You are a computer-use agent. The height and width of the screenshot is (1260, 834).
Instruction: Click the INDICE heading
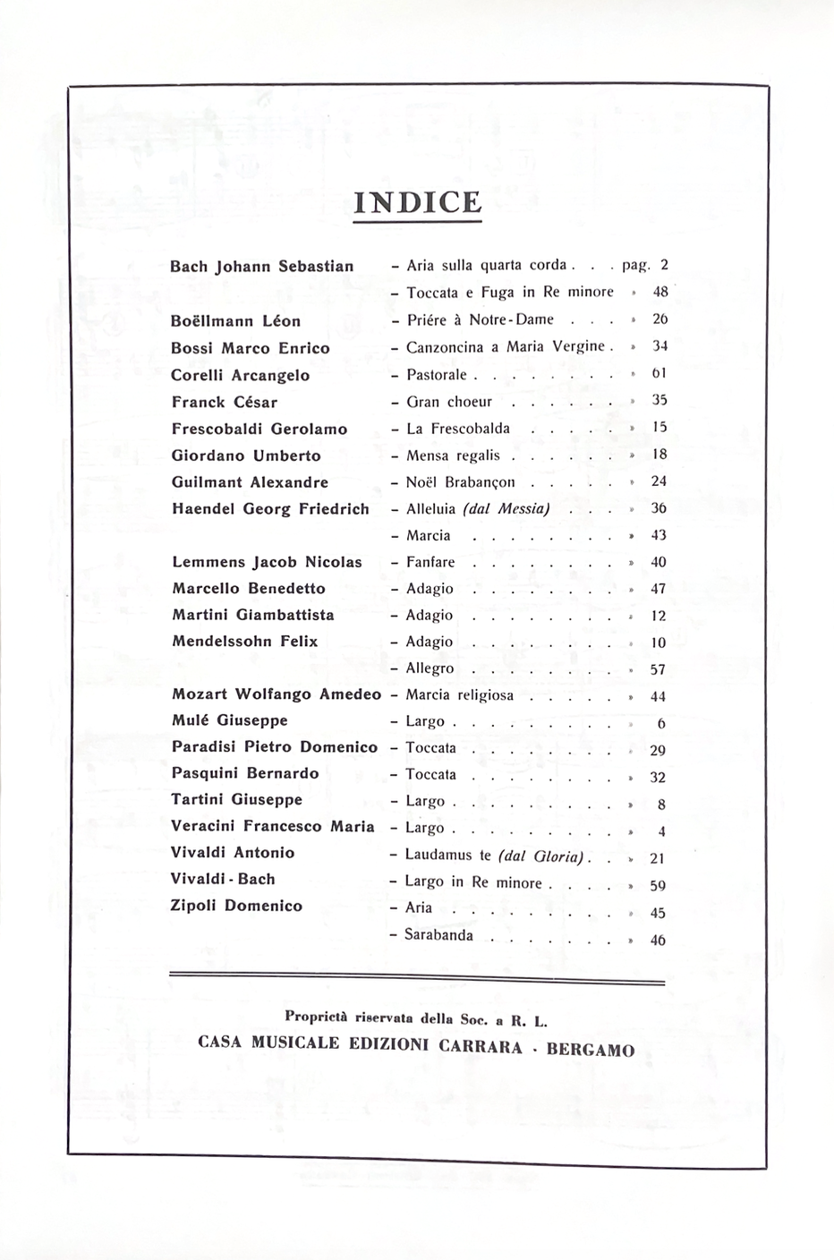[x=417, y=202]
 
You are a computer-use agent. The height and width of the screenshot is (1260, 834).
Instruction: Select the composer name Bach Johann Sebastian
[x=261, y=267]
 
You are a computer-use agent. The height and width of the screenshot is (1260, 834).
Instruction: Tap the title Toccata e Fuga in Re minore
[x=510, y=293]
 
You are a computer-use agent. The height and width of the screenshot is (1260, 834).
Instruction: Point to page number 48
[x=660, y=292]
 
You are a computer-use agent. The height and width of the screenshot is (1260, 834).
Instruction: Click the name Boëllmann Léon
[x=235, y=321]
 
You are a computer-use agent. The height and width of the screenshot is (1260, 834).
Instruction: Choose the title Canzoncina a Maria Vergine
[x=506, y=347]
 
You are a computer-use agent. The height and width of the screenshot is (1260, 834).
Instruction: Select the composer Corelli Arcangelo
[x=240, y=375]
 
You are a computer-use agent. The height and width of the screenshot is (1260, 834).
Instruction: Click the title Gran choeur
[x=449, y=402]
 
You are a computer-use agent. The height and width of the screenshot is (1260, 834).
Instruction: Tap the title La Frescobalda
[x=458, y=429]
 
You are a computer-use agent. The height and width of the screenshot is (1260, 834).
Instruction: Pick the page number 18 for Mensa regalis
[x=660, y=455]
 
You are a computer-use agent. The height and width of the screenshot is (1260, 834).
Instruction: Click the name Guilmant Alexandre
[x=250, y=482]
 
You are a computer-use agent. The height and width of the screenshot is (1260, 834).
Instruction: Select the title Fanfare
[x=430, y=562]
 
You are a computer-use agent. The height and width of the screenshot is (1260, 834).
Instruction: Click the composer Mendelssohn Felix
[x=244, y=642]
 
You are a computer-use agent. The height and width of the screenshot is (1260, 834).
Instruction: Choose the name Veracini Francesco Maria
[x=272, y=827]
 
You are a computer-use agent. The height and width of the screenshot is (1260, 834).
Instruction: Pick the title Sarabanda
[x=438, y=935]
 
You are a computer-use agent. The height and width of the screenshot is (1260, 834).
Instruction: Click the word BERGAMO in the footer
[x=590, y=1049]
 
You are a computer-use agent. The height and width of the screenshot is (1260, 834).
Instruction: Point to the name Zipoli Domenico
[x=236, y=906]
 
